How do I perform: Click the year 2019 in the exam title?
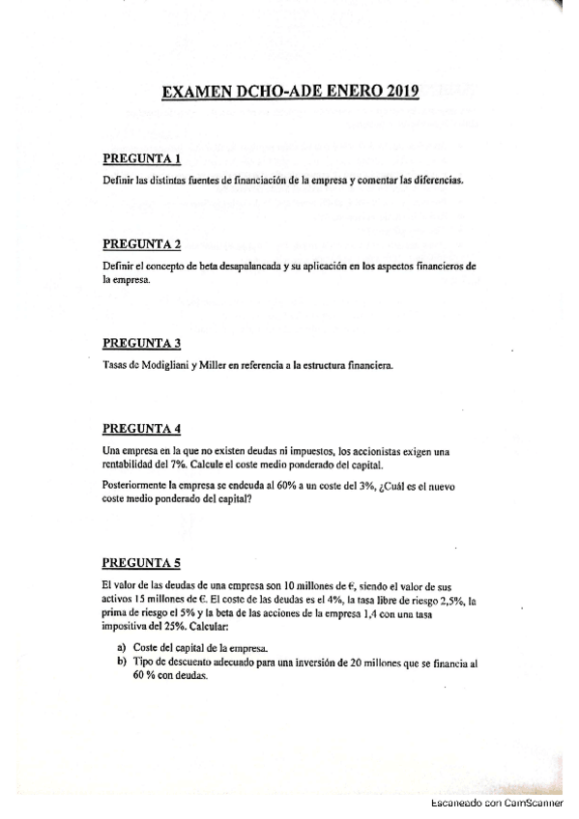[x=397, y=93]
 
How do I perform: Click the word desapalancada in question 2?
[x=238, y=265]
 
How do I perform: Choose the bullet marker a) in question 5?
[x=121, y=646]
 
